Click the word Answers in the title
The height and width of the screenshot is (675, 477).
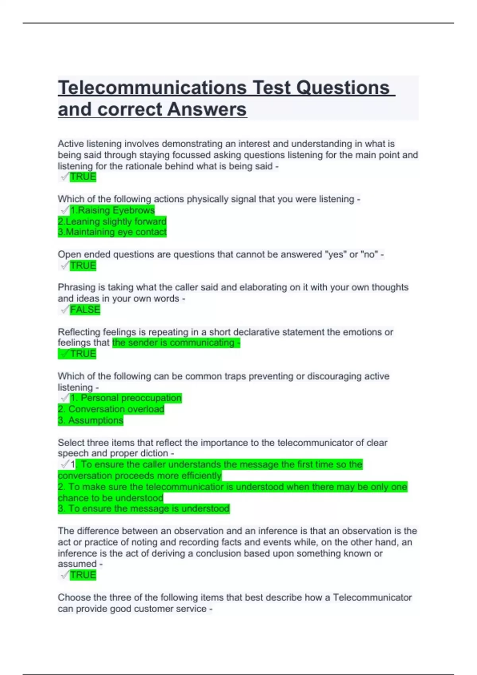(x=207, y=109)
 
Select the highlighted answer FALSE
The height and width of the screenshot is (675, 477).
(x=85, y=310)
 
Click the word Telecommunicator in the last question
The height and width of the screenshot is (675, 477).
(x=372, y=598)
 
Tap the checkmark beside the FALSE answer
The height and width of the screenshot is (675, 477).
(x=64, y=309)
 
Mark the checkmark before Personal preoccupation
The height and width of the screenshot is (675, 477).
(x=64, y=397)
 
